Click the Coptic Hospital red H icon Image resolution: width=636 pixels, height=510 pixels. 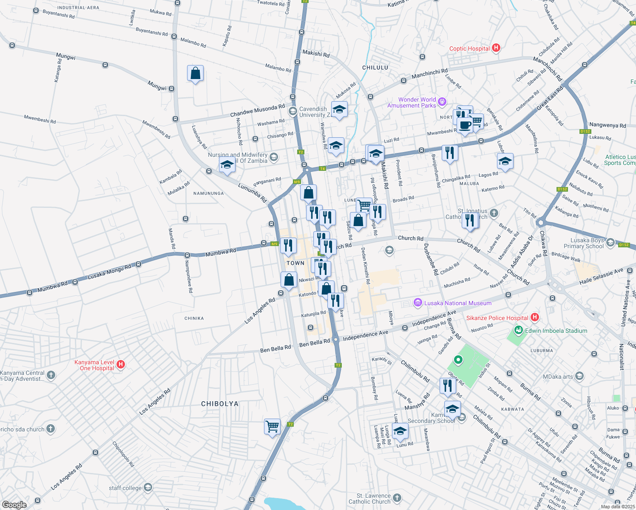coord(496,48)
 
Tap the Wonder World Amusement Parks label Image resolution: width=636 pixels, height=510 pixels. coord(412,102)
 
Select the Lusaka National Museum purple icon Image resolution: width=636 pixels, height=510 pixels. coord(417,303)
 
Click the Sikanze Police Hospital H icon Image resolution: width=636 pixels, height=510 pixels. coord(535,317)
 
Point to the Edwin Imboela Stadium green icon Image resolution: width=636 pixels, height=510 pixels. coord(518,330)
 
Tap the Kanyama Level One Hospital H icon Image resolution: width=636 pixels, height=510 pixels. coord(120,364)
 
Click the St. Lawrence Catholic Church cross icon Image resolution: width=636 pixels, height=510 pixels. coord(397,498)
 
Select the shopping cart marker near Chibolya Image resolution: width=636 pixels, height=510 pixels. coord(272,426)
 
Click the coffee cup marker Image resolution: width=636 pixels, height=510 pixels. coord(466,125)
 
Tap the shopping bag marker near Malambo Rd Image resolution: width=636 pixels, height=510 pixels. coord(195,73)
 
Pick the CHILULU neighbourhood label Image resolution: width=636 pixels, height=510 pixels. coord(375,68)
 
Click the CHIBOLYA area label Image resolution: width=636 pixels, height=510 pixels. coord(219,404)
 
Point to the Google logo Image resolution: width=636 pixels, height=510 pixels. coord(14,504)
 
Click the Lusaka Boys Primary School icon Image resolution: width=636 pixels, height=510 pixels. coord(610,243)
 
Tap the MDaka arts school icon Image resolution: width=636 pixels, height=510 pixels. coord(579,376)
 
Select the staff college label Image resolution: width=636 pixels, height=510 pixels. coord(125,488)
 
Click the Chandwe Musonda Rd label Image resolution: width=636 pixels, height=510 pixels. coord(257,111)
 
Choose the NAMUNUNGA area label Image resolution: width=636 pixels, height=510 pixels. coord(208,193)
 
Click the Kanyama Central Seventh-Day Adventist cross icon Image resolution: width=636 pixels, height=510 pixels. coord(51,375)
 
